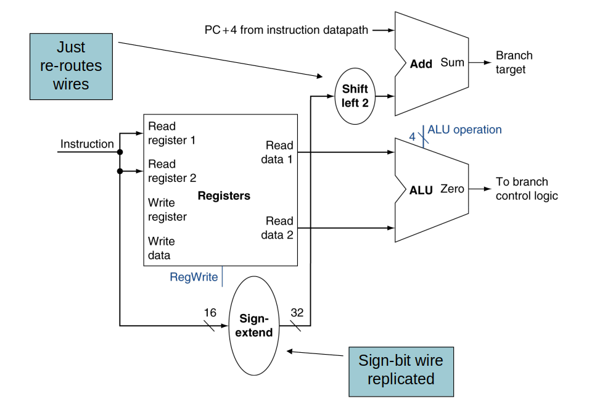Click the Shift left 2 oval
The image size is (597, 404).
pos(355,96)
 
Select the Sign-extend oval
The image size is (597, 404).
pos(253,326)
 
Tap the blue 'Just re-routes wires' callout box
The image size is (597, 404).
pos(71,66)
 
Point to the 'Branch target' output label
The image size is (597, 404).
pos(514,62)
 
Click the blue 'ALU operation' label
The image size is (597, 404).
pos(464,130)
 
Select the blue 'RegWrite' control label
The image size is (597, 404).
pos(194,277)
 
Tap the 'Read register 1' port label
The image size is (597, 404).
pos(171,133)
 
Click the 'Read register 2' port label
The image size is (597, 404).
pos(171,171)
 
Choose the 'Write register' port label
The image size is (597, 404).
pos(167,210)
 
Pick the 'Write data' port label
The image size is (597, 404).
pos(161,248)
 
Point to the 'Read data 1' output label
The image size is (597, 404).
pos(278,152)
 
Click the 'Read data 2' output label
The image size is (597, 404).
pos(278,228)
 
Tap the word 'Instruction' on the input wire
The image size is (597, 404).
pos(87,144)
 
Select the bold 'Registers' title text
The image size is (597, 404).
pos(224,196)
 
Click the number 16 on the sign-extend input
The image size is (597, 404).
pos(210,313)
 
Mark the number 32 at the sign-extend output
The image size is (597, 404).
pos(297,313)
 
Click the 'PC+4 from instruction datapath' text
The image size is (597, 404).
pos(286,30)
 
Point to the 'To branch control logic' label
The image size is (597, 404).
pos(526,189)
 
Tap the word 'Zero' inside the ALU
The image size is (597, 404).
pos(452,189)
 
